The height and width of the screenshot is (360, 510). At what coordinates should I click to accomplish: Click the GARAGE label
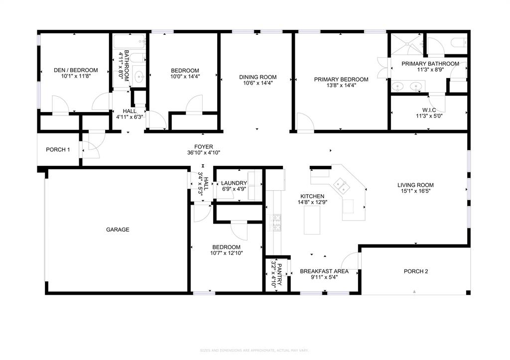coord(118,230)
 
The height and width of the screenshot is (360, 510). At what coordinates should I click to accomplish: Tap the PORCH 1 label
coord(58,150)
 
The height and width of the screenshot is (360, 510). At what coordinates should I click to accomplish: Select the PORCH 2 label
coord(415,271)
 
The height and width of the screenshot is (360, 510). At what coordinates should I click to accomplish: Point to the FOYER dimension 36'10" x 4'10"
coord(204,153)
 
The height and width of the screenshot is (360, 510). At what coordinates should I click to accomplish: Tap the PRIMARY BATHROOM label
coord(430,64)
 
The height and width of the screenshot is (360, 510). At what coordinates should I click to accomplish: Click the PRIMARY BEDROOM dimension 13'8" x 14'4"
coord(341,85)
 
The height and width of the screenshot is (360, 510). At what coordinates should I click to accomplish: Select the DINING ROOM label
coord(257,77)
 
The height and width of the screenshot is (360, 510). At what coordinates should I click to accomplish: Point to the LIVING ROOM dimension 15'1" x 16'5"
coord(415,191)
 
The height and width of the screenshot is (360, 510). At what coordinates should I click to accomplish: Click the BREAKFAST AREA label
coord(324,271)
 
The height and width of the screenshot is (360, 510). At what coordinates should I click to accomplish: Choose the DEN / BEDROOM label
coord(76,70)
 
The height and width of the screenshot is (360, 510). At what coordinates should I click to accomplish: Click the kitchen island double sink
coord(342,186)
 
